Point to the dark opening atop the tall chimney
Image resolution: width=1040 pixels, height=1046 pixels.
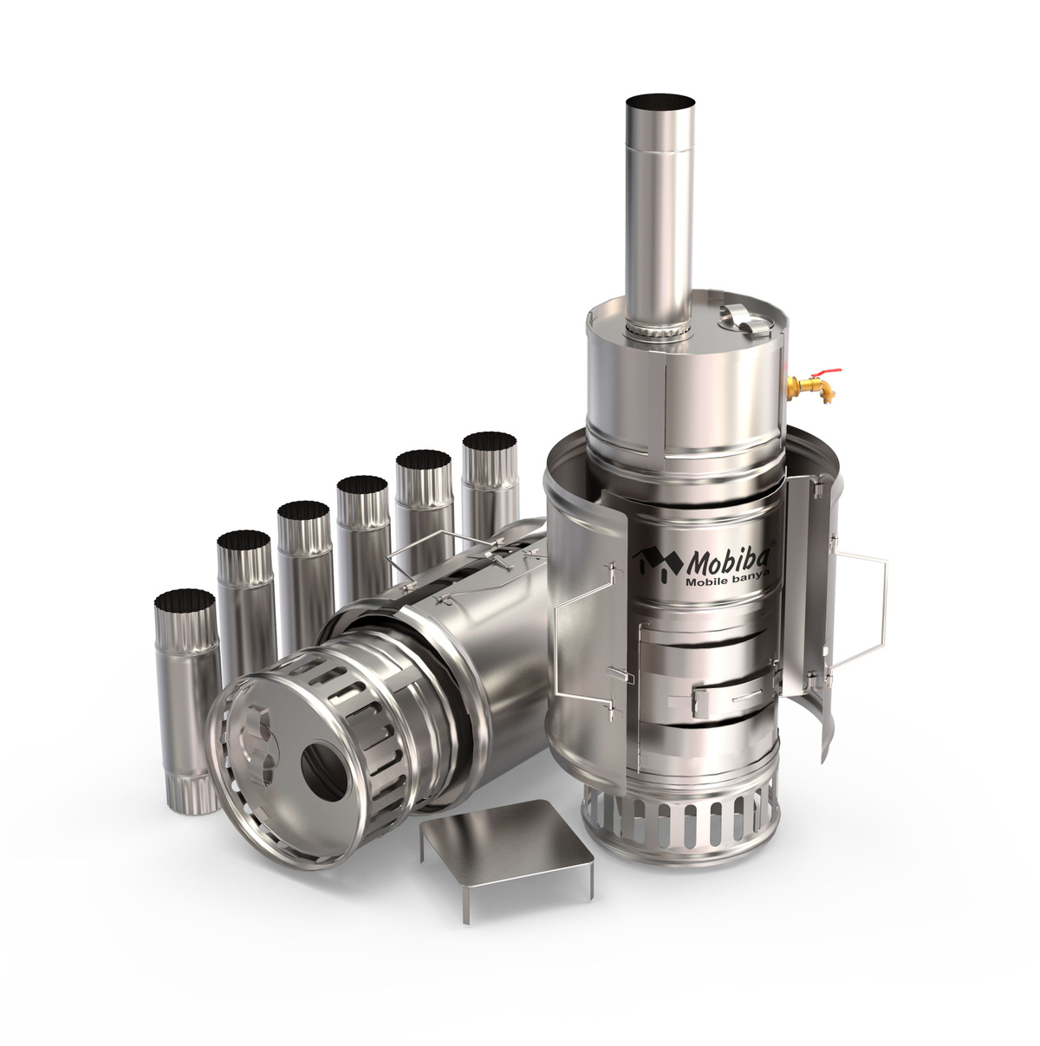(x=660, y=101)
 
